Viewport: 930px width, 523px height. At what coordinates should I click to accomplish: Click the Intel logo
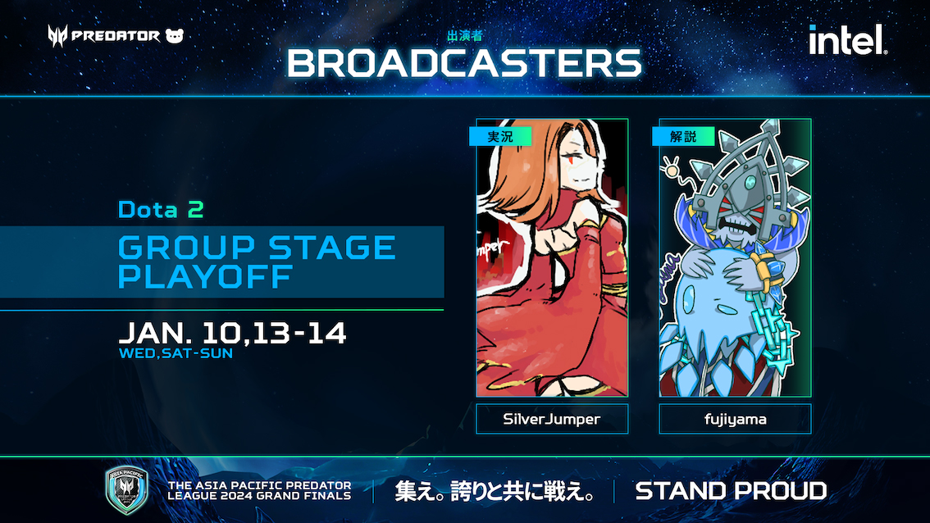847,39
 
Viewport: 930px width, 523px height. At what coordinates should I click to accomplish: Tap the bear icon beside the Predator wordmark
175,36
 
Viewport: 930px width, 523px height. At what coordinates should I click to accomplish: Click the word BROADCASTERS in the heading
464,63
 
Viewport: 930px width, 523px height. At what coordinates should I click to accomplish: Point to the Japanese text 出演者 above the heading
464,36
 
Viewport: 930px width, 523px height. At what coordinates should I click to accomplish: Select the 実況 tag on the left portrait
500,136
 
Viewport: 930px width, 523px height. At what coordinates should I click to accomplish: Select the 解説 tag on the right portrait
683,136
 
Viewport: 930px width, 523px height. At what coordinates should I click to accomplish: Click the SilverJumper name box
552,419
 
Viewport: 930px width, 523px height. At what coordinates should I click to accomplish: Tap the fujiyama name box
735,419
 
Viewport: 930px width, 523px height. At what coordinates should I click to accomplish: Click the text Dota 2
161,209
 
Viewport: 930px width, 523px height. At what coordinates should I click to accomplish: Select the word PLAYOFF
205,277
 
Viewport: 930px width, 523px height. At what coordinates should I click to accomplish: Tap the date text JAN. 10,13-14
233,334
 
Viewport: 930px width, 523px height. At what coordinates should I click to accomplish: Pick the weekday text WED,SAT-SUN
176,353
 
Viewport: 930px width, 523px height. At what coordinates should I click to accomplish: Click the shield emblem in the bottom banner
126,489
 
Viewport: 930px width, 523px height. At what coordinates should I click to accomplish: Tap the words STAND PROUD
731,491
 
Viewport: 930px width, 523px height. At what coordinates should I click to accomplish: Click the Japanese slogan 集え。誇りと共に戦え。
494,491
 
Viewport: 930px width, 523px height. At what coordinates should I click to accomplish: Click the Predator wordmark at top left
115,36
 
